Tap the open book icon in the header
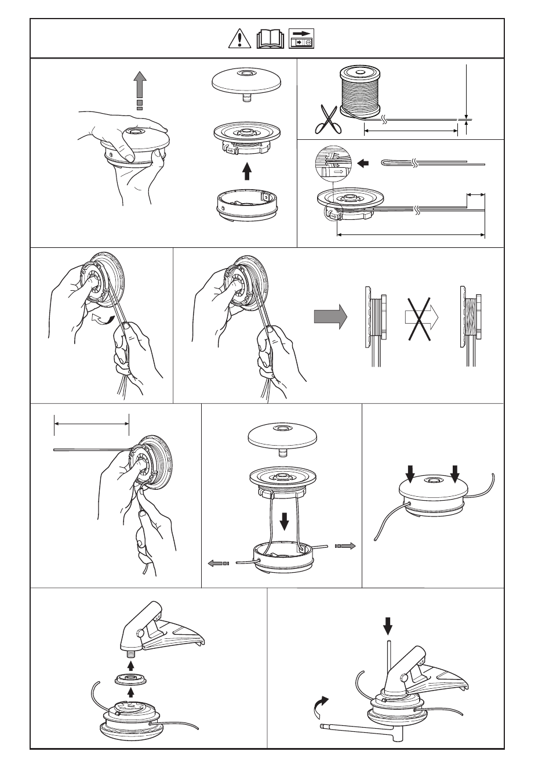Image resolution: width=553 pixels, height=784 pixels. click(270, 39)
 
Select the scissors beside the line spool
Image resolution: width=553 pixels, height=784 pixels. click(328, 119)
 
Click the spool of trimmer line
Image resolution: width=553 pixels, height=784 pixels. click(359, 91)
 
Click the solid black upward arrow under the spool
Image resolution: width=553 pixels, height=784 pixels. click(247, 171)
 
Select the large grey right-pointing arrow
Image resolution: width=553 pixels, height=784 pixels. click(330, 317)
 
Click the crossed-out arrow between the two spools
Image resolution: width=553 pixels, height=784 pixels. click(421, 317)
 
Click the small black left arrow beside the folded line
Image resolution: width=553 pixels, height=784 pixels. click(364, 164)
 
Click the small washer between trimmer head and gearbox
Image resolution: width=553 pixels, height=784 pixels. click(130, 678)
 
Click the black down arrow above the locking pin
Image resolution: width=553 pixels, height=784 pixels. click(388, 626)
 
